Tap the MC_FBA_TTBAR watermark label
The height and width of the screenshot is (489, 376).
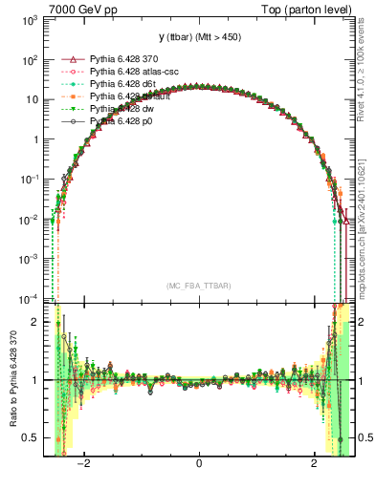[x=198, y=286]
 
